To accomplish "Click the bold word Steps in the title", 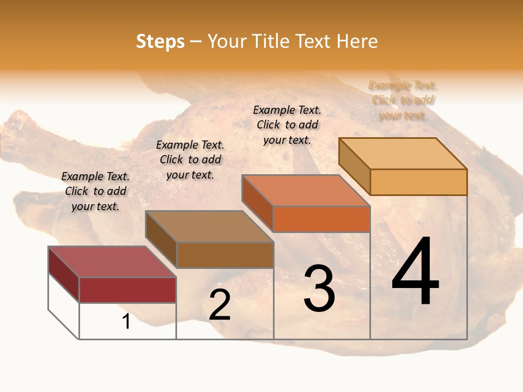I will pyautogui.click(x=160, y=41).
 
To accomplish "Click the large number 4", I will pyautogui.click(x=416, y=272).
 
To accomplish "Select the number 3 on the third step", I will pyautogui.click(x=319, y=289).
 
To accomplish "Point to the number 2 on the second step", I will pyautogui.click(x=220, y=305).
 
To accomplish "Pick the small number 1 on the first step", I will pyautogui.click(x=126, y=322).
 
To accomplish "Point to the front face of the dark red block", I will pyautogui.click(x=127, y=290).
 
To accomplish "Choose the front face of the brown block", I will pyautogui.click(x=225, y=255).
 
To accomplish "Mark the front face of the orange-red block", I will pyautogui.click(x=321, y=219).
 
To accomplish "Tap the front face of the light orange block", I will pyautogui.click(x=418, y=182).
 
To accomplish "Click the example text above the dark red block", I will pyautogui.click(x=95, y=191).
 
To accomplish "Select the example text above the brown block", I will pyautogui.click(x=190, y=160).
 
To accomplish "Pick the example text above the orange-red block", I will pyautogui.click(x=287, y=125).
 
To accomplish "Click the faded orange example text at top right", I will pyautogui.click(x=403, y=100).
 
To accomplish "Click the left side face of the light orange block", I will pyautogui.click(x=355, y=166).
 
